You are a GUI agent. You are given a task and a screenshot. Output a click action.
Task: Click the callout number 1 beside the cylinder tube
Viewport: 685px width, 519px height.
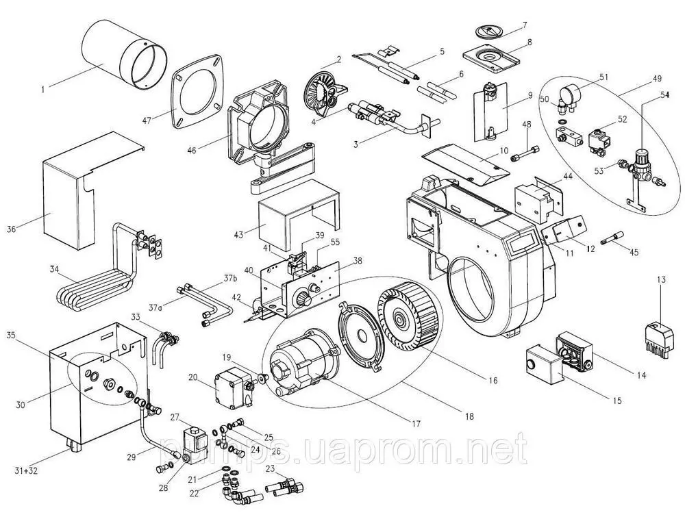click(44, 88)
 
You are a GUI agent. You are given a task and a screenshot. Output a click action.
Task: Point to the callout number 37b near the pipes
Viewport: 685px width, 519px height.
click(227, 279)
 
